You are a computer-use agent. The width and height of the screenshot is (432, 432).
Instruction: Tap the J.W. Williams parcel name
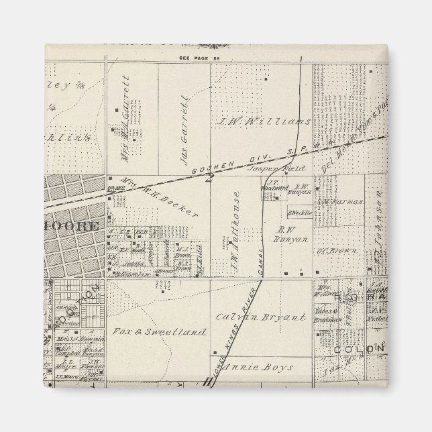coord(264,122)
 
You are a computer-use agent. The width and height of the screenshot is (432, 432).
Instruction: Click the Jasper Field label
coord(286,168)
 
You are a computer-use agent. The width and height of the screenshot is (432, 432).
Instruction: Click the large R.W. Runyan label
coord(290,234)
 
